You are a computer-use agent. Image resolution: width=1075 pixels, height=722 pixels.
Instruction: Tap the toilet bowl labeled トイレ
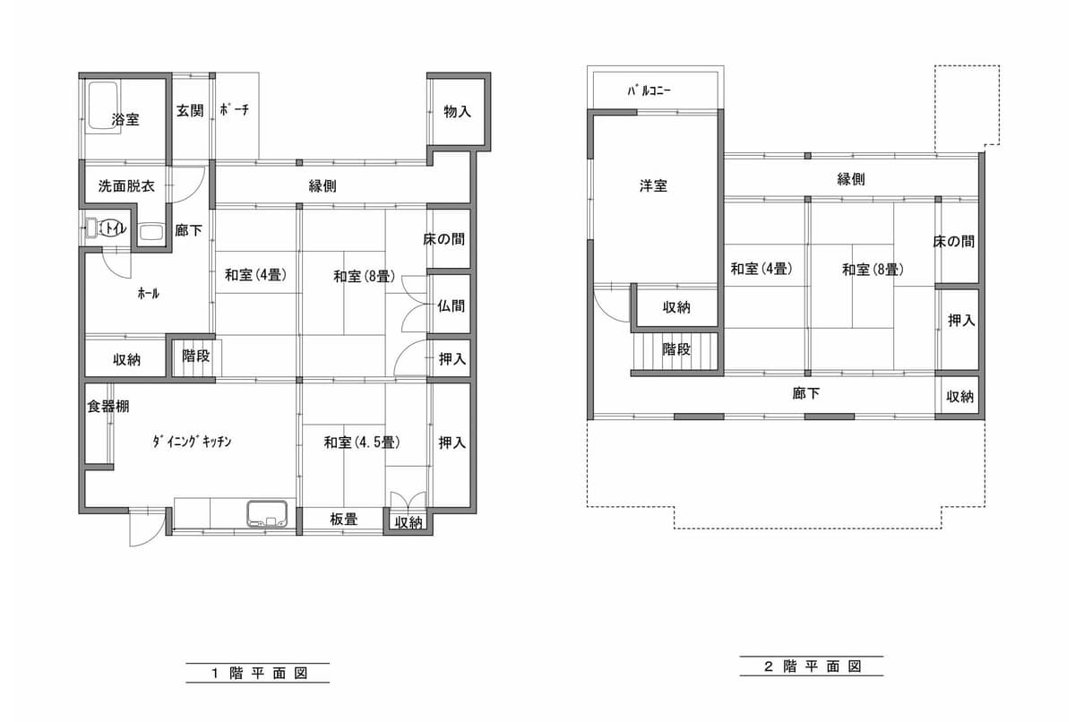[x=113, y=228]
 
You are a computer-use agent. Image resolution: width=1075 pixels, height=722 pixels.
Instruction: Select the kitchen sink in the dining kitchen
[x=267, y=514]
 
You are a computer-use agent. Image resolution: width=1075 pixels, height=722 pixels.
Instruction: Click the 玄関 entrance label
[x=190, y=111]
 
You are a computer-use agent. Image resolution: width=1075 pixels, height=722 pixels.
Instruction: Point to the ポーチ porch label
[x=234, y=110]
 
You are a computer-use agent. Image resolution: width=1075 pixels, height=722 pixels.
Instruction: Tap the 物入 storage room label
[x=457, y=112]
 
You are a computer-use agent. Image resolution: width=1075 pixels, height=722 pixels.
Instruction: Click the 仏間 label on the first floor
[x=451, y=305]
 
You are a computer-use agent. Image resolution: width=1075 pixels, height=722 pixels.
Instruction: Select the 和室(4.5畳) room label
[x=362, y=442]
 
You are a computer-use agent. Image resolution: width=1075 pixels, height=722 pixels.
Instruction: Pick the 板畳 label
[x=344, y=519]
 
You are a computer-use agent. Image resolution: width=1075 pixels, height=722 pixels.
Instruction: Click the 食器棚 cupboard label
[x=108, y=407]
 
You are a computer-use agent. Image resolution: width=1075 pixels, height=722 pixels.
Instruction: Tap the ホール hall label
[x=149, y=293]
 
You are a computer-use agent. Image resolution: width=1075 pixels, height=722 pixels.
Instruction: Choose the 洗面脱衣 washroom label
[x=126, y=186]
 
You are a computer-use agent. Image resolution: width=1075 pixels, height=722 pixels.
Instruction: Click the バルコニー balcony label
[x=649, y=90]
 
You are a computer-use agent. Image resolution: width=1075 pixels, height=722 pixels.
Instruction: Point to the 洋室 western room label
[x=653, y=185]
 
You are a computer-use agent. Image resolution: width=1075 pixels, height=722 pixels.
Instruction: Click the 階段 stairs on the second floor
[x=675, y=351]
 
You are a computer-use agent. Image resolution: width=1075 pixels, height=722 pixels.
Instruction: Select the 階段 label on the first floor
[x=196, y=356]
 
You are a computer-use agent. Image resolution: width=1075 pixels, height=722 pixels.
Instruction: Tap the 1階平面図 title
[x=259, y=673]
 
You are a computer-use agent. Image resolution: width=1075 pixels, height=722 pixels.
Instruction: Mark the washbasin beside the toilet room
[x=151, y=232]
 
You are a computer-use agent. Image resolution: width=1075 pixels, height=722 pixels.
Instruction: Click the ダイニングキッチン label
[x=192, y=442]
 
